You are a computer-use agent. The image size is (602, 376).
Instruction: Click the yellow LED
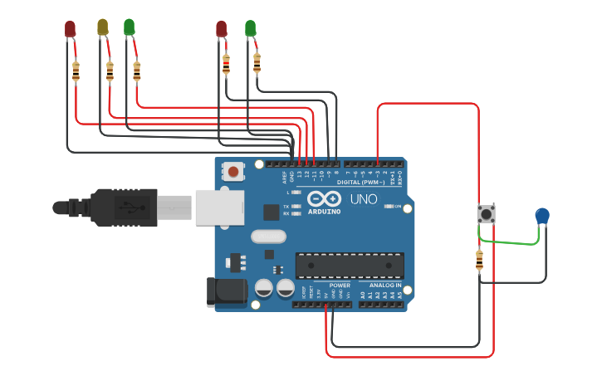point(103,27)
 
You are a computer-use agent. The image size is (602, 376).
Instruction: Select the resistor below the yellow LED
point(110,72)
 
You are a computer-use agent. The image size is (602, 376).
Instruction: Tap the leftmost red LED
point(71,29)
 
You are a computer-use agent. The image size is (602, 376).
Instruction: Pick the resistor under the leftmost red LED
point(76,72)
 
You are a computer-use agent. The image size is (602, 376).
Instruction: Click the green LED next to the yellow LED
point(130,27)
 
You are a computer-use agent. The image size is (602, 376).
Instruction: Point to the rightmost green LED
point(250,29)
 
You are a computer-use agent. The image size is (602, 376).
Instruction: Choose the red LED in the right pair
point(221,29)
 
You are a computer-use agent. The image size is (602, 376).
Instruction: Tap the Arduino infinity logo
point(323,199)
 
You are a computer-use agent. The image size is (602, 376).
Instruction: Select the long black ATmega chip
point(350,265)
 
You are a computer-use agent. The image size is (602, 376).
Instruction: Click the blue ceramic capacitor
point(542,216)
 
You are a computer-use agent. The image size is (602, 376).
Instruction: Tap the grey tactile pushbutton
point(487,214)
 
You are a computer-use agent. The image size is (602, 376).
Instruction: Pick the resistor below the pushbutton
point(479,261)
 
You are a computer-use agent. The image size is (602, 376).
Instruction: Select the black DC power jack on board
point(224,291)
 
